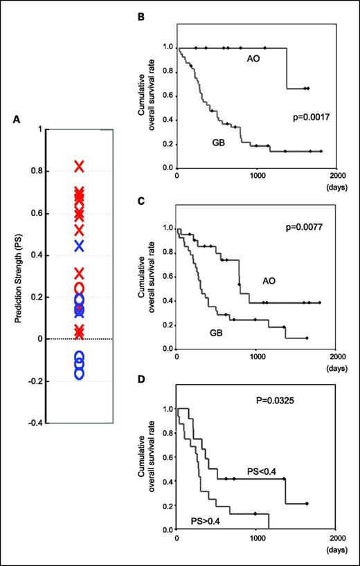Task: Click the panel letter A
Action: tap(17, 119)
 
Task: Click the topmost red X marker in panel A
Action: tap(79, 166)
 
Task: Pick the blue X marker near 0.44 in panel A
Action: tap(79, 246)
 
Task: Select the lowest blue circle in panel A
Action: tap(79, 374)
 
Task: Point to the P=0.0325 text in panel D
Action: tap(282, 400)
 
